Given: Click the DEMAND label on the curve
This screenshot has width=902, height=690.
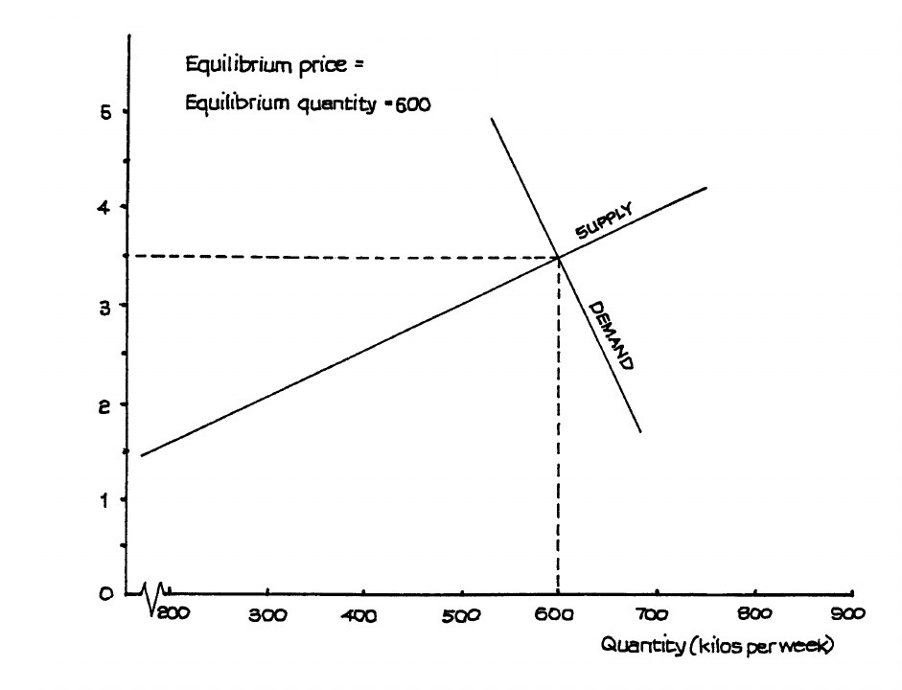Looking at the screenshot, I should (x=610, y=335).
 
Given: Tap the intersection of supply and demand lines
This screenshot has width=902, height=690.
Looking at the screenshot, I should (x=559, y=257).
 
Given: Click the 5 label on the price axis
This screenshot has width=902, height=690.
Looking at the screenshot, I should (x=110, y=111).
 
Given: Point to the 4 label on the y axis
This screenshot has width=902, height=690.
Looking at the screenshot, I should (x=110, y=207).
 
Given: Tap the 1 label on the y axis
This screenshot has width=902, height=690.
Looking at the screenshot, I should (x=110, y=499).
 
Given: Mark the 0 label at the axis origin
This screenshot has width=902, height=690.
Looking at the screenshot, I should (x=110, y=594).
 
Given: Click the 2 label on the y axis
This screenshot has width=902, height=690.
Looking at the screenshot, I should (x=110, y=403).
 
